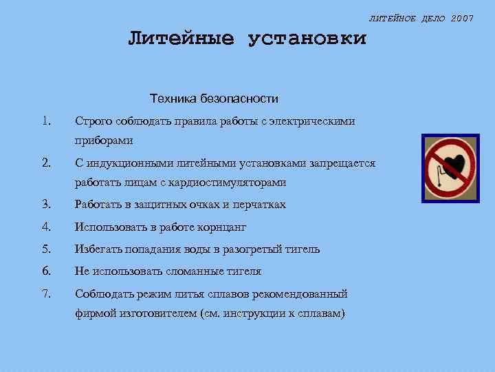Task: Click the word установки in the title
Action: click(x=307, y=38)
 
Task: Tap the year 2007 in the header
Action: click(x=461, y=17)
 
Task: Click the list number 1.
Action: click(x=45, y=121)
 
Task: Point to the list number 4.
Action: click(x=46, y=227)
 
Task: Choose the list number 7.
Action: click(x=46, y=294)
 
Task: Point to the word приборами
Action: click(x=104, y=141)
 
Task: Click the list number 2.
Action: click(x=46, y=163)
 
